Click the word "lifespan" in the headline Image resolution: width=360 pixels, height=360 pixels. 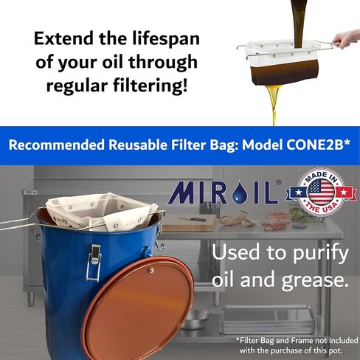pyautogui.click(x=166, y=38)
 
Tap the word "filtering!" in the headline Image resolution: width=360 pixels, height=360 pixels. pyautogui.click(x=150, y=86)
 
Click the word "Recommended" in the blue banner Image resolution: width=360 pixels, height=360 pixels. pyautogui.click(x=57, y=145)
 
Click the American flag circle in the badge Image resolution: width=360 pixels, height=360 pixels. pyautogui.click(x=321, y=190)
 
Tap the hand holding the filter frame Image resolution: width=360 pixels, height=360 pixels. pyautogui.click(x=345, y=38)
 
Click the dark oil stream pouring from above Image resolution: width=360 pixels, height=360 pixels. pyautogui.click(x=298, y=24)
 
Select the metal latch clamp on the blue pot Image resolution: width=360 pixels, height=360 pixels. pyautogui.click(x=94, y=263)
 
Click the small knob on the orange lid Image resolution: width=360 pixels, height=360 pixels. pyautogui.click(x=151, y=271)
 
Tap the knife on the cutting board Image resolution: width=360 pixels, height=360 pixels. pyautogui.click(x=191, y=219)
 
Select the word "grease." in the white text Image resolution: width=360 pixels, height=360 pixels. pyautogui.click(x=315, y=281)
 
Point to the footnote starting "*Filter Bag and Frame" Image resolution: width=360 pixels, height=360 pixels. pyautogui.click(x=297, y=345)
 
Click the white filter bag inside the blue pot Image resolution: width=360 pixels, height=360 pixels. pyautogui.click(x=102, y=212)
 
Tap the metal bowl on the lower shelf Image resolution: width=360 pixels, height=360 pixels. pyautogui.click(x=195, y=319)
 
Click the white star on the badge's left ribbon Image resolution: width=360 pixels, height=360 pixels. pyautogui.click(x=298, y=192)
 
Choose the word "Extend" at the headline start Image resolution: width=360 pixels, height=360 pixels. pyautogui.click(x=63, y=38)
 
